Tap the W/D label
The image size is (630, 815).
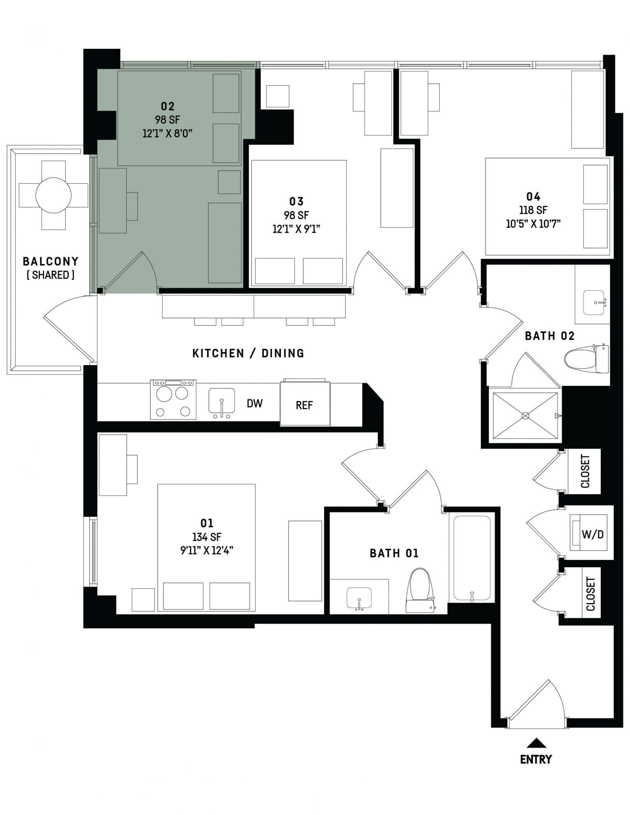593,534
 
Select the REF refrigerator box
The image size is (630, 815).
305,403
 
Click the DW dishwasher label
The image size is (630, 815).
255,403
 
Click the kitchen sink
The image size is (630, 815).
222,403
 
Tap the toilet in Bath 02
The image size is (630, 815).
586,359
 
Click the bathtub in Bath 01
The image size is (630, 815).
472,558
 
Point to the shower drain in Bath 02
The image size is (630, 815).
525,416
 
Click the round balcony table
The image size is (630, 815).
53,195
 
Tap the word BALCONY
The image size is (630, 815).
51,261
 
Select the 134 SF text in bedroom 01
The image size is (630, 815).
207,537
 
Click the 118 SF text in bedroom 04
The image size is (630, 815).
533,210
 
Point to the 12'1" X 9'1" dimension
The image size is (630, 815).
296,229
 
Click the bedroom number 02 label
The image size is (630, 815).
167,106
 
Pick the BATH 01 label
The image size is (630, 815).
394,553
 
